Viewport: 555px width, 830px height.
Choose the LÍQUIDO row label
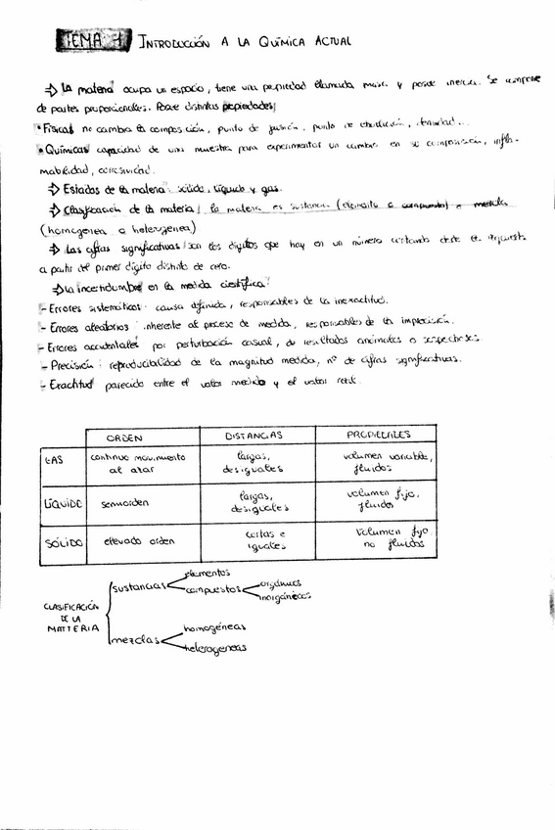(63, 503)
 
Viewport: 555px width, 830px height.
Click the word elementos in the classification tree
(207, 572)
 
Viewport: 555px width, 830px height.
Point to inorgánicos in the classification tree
(286, 595)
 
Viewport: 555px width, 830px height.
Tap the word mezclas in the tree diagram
(135, 639)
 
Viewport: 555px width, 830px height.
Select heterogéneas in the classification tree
(214, 648)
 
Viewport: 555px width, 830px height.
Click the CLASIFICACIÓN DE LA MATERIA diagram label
(68, 618)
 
